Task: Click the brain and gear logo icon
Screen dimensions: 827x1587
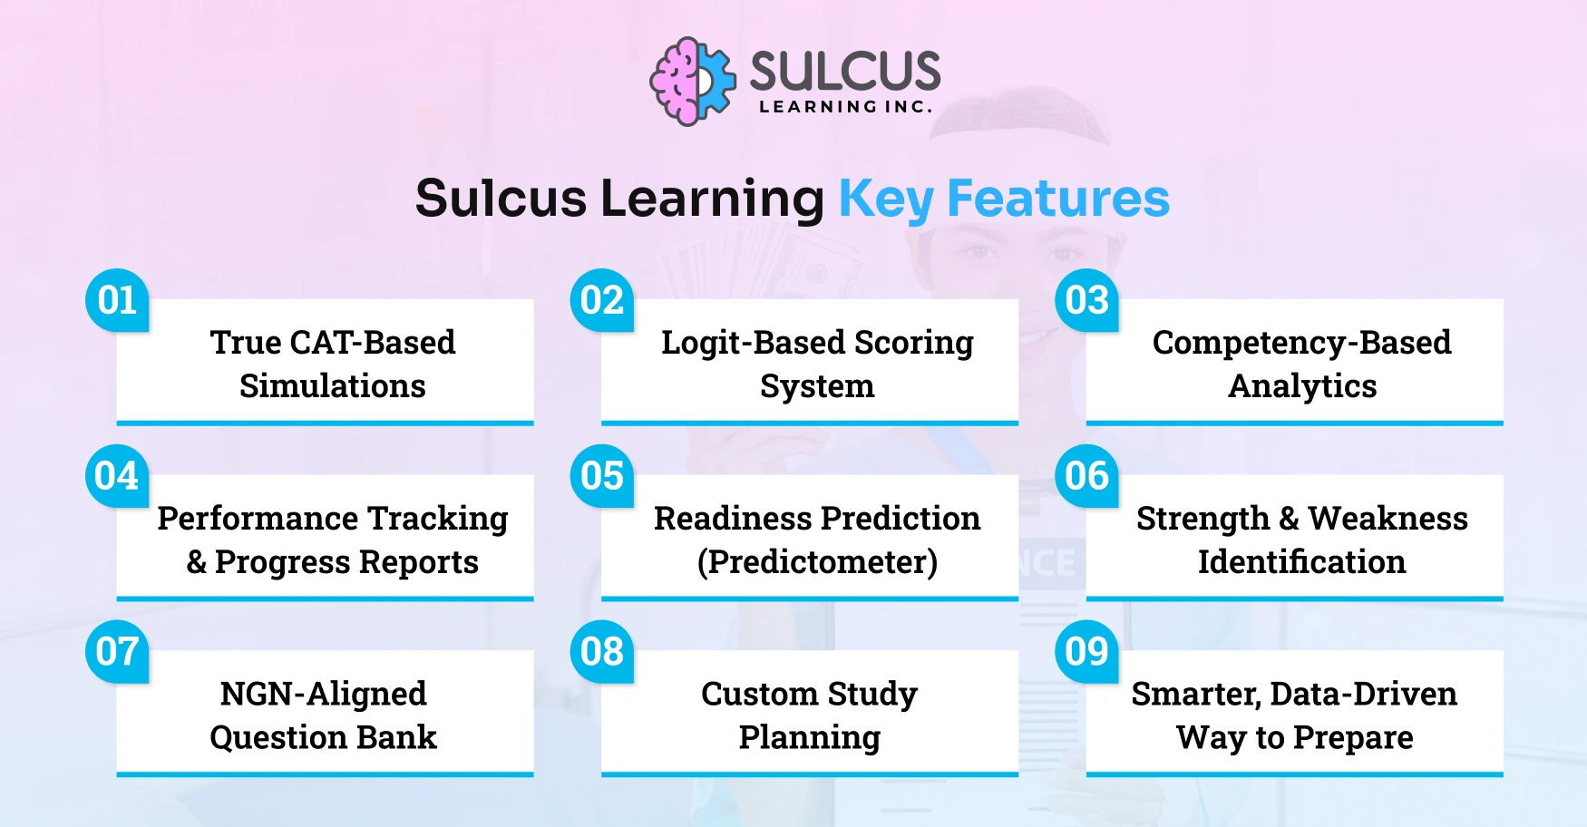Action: [692, 82]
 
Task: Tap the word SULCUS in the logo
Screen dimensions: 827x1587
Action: [845, 71]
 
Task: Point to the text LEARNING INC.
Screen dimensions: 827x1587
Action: [845, 107]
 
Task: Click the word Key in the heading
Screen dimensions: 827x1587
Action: [885, 199]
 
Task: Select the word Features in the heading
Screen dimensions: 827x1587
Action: [1058, 199]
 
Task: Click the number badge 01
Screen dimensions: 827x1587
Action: [117, 300]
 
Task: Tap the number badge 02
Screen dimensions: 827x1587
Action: [602, 300]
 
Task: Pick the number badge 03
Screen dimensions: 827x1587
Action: [1087, 300]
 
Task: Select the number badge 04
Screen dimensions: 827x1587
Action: [117, 476]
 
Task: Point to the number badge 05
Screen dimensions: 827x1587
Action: [602, 476]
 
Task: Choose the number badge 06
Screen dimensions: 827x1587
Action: [1087, 476]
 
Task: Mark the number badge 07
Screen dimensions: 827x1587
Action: [117, 652]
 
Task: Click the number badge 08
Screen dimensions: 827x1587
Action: [602, 652]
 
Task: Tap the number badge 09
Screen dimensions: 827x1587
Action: [1087, 652]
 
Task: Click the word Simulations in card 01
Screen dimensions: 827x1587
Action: [333, 386]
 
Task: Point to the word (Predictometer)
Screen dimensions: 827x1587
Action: [817, 562]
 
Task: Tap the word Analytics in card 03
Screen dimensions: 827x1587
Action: [1302, 386]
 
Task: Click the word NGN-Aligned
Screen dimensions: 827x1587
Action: [323, 694]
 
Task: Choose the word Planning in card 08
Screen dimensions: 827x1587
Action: [810, 738]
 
